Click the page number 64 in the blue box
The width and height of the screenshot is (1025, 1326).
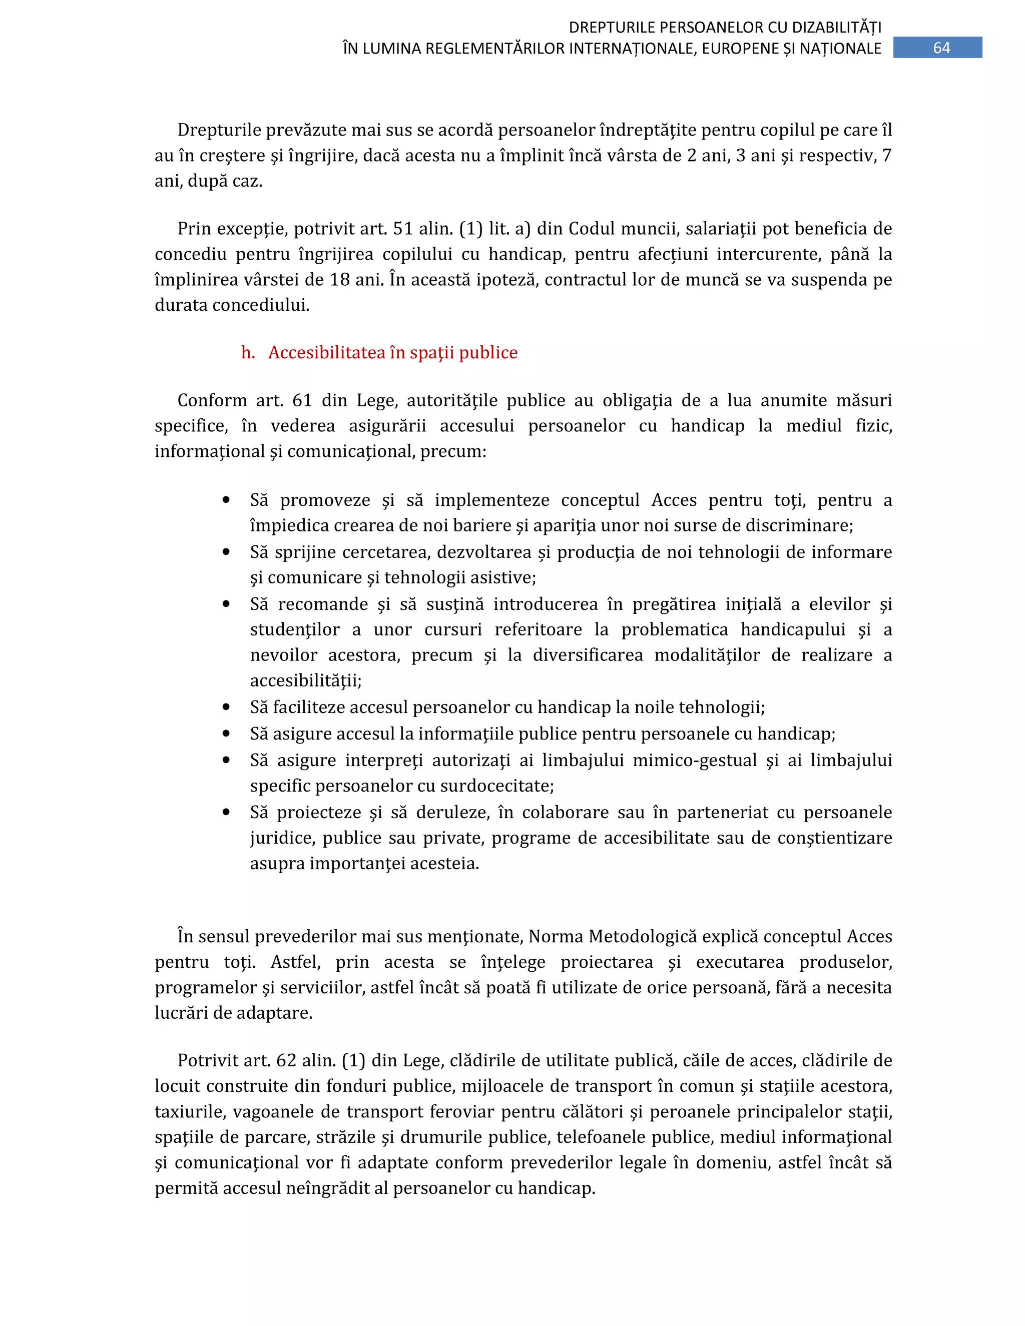pyautogui.click(x=940, y=48)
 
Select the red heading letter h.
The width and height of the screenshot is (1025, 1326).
pyautogui.click(x=248, y=353)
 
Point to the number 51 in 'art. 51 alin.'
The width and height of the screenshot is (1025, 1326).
pyautogui.click(x=403, y=229)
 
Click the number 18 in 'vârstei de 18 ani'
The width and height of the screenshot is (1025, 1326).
pyautogui.click(x=339, y=280)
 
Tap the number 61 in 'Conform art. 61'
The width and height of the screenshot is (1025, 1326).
pyautogui.click(x=302, y=401)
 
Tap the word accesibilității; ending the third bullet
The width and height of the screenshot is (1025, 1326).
pyautogui.click(x=305, y=681)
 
